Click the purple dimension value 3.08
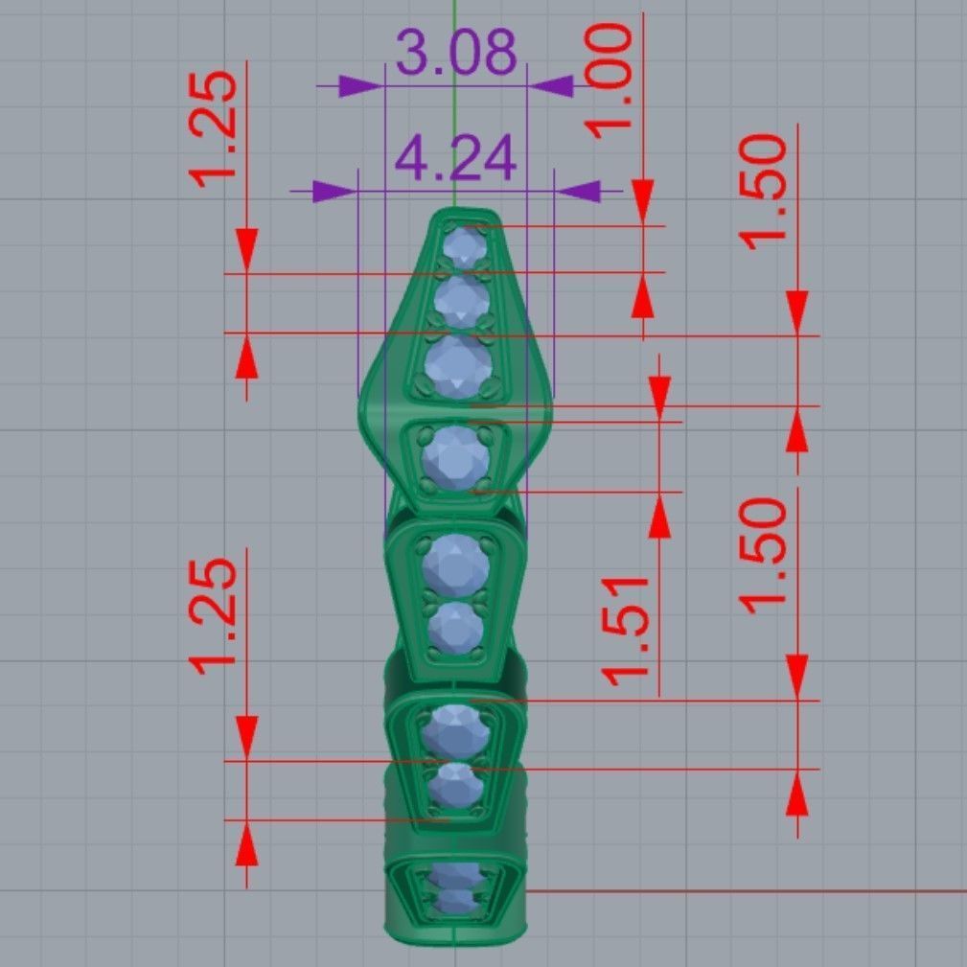click(x=456, y=53)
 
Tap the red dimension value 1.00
click(x=611, y=81)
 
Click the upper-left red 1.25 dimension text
click(x=214, y=129)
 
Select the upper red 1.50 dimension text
click(x=765, y=192)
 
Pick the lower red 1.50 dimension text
click(x=765, y=554)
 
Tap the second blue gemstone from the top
click(x=461, y=301)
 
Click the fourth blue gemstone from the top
click(x=455, y=456)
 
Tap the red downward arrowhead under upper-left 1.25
click(x=247, y=251)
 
